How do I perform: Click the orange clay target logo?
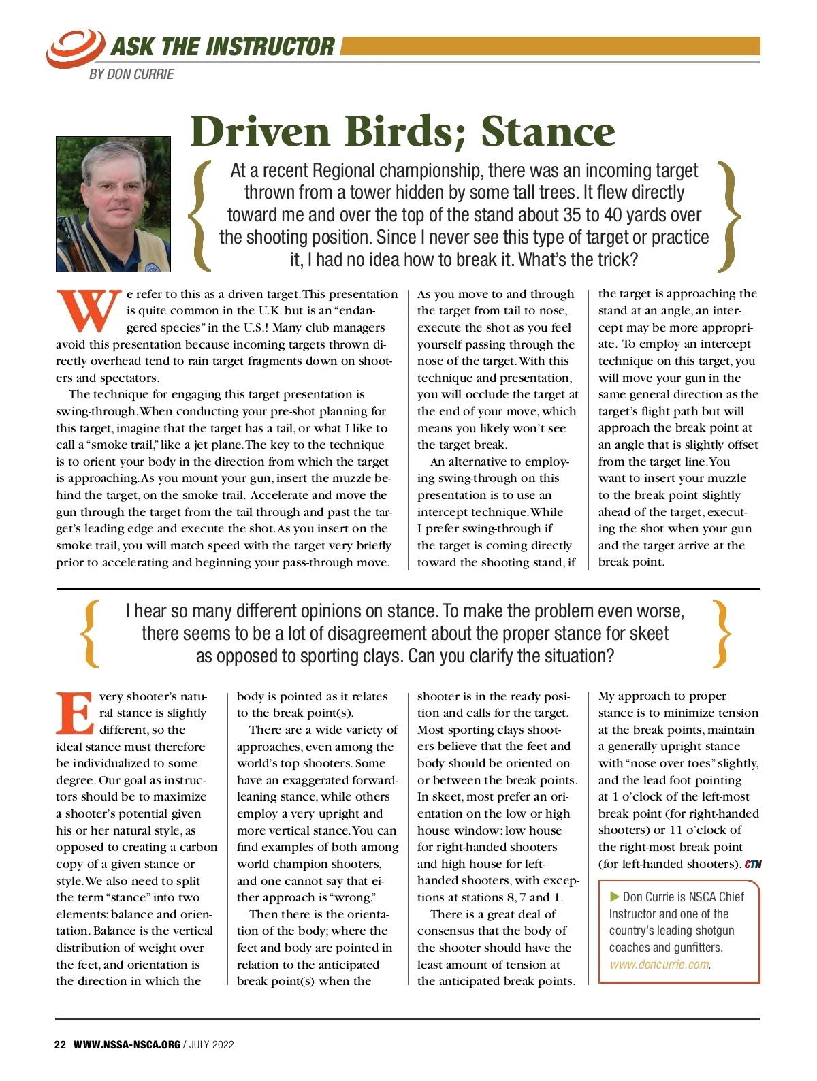(75, 48)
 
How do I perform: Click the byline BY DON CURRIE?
(131, 74)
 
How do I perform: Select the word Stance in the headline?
(548, 131)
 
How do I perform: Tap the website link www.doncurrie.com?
(659, 965)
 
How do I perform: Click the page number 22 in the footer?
(60, 1044)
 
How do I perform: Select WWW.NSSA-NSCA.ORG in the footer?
(127, 1044)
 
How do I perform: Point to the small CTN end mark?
(752, 865)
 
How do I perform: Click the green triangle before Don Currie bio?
(614, 897)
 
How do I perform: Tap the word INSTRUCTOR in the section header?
(270, 47)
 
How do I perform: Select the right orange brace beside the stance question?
(720, 633)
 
